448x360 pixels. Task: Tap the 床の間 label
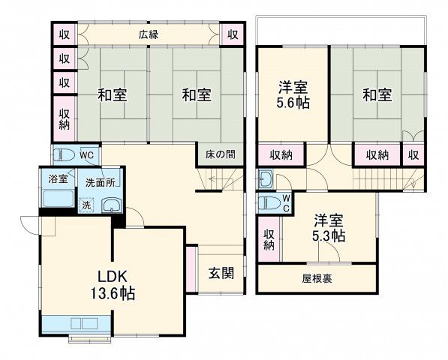[220, 154]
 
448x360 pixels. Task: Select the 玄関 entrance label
[221, 273]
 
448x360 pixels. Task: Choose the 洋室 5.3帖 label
[328, 228]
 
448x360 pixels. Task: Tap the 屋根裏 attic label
[317, 279]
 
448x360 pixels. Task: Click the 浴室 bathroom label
[59, 179]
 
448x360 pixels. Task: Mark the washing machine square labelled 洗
[86, 204]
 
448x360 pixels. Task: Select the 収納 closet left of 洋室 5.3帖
[269, 238]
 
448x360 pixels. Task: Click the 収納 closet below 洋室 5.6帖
[281, 155]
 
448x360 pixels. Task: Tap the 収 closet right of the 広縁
[233, 34]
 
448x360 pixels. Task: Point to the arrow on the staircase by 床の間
[213, 179]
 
